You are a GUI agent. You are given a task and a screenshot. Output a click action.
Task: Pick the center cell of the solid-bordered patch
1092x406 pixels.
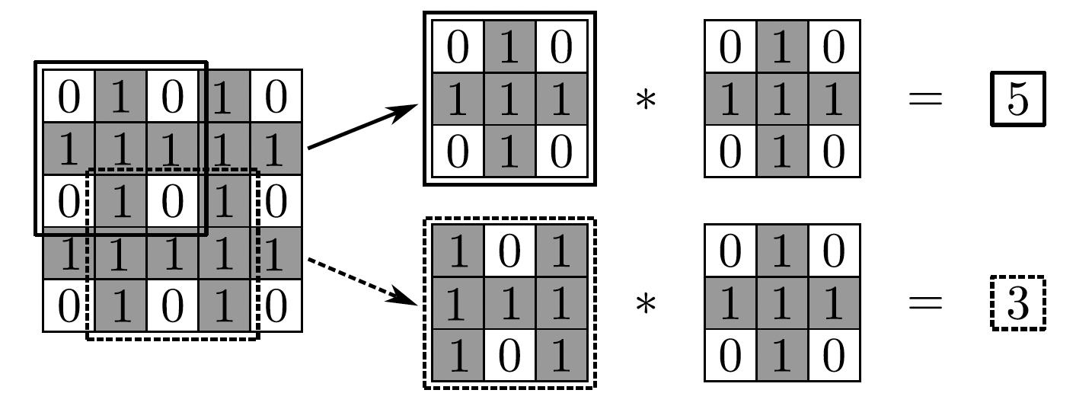click(509, 99)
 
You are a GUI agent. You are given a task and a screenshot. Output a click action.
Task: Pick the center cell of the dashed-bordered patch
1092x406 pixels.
click(509, 303)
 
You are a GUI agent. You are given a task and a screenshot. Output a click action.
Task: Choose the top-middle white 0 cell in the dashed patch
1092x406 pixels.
click(509, 251)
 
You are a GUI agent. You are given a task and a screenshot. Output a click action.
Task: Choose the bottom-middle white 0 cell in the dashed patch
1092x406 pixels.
click(509, 355)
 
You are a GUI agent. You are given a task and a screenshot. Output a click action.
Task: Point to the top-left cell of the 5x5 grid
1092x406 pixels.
click(69, 96)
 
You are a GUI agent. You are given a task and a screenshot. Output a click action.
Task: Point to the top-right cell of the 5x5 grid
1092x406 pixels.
click(276, 96)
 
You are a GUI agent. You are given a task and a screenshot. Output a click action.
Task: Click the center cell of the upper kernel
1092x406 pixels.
click(783, 99)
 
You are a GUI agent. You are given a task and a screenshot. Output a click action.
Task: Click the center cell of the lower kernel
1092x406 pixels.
click(783, 303)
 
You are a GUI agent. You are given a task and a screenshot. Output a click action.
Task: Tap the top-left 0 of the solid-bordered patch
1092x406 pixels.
click(458, 47)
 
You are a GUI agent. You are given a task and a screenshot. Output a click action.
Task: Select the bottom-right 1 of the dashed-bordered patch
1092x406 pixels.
click(561, 355)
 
